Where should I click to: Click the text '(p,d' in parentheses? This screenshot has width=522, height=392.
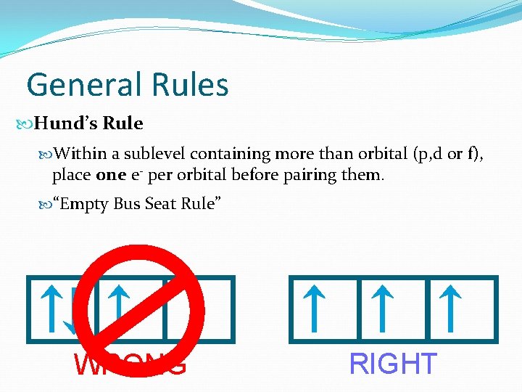tap(428, 154)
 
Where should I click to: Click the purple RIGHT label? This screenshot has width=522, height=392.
tap(394, 364)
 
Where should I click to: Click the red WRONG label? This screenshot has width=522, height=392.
tap(130, 364)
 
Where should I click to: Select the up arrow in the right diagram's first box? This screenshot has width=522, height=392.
tap(312, 308)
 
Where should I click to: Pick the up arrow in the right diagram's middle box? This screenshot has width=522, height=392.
tap(382, 308)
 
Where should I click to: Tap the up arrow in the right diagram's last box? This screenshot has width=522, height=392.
tap(451, 308)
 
